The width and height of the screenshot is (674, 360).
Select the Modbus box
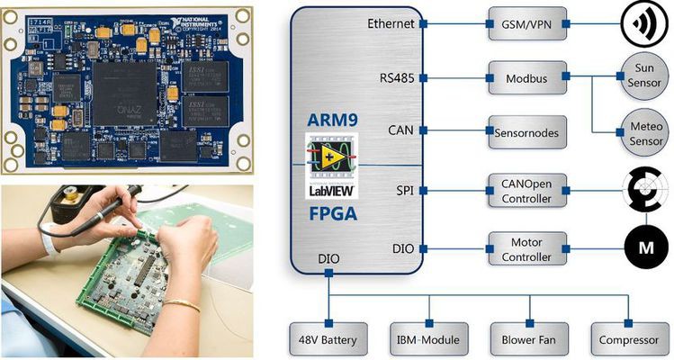pos(527,78)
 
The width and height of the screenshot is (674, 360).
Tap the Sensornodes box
pos(527,132)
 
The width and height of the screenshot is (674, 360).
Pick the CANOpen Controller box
pos(527,190)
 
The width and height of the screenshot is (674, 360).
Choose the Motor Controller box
pos(527,247)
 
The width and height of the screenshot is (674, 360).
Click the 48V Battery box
pos(328,339)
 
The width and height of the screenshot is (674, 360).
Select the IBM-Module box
pos(427,339)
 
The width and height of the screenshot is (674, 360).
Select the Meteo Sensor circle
pos(643,135)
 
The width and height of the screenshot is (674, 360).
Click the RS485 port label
pos(396,78)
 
